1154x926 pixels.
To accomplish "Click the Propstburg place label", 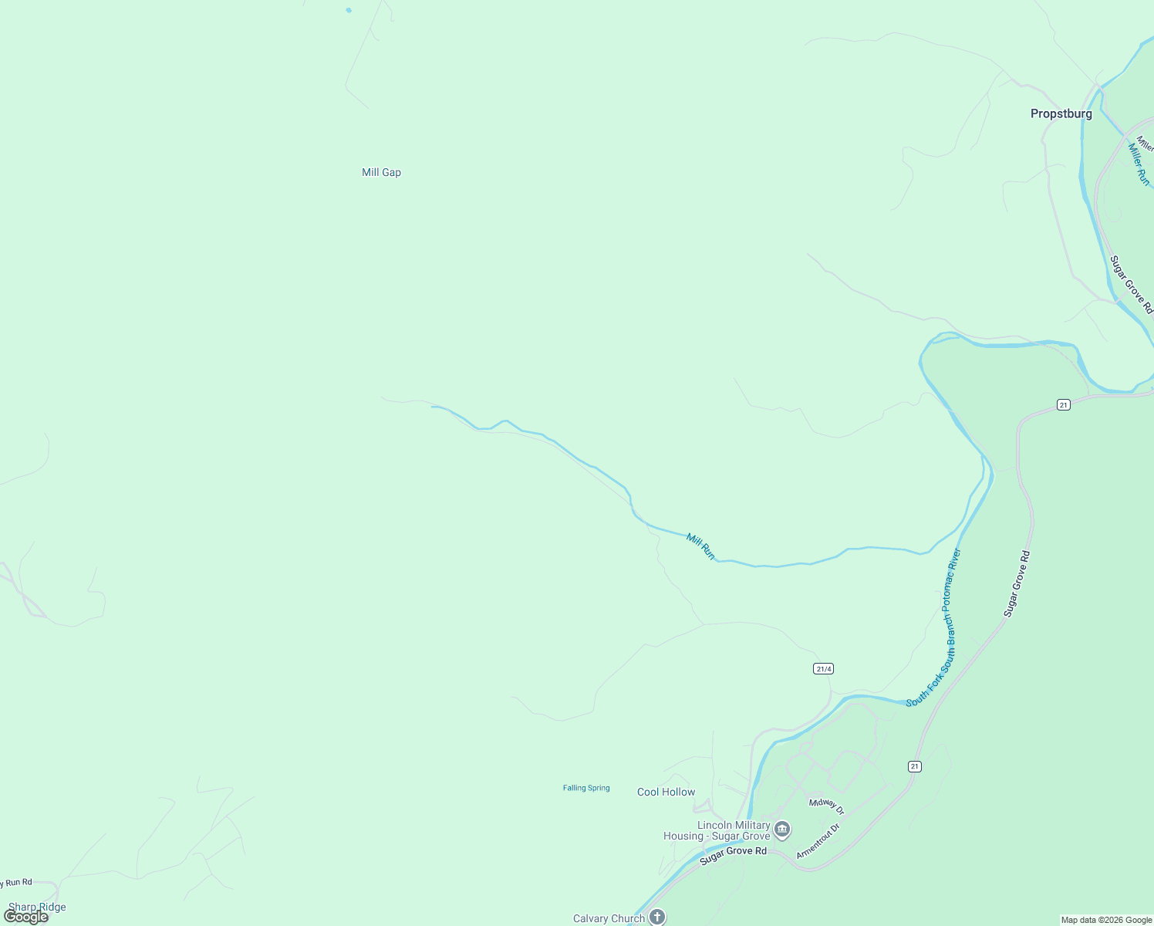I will tap(1061, 113).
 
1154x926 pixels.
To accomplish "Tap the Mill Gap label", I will tap(381, 172).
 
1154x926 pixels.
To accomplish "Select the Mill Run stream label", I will tap(700, 546).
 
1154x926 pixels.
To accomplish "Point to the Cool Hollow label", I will tap(666, 792).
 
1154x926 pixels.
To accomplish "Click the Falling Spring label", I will tap(586, 788).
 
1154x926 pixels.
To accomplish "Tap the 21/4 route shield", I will tap(823, 668).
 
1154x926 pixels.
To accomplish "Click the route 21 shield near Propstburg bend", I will tap(1063, 404).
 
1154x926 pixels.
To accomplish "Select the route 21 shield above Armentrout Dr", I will tap(914, 766).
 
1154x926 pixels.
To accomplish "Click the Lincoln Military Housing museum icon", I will tap(782, 830).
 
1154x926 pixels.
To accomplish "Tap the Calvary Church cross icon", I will tap(656, 917).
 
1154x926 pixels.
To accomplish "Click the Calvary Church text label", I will tap(609, 918).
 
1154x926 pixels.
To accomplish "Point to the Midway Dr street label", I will tap(827, 806).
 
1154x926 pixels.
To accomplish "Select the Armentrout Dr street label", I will tap(817, 841).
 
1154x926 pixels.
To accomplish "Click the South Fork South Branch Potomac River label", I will tap(934, 627).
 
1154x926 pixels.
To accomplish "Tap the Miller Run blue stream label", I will tap(1139, 164).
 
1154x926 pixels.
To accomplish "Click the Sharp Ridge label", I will tap(37, 907).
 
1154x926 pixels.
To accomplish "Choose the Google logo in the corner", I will tap(25, 917).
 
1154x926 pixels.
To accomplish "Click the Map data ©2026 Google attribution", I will tap(1106, 920).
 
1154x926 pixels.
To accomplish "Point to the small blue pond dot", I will tap(349, 10).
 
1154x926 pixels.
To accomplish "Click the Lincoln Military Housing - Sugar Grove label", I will tap(717, 830).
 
